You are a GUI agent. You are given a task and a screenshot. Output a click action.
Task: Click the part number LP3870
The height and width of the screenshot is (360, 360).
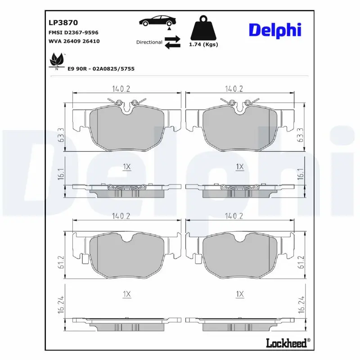pos(63,22)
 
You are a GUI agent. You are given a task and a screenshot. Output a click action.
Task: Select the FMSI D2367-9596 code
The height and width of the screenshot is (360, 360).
pos(73,32)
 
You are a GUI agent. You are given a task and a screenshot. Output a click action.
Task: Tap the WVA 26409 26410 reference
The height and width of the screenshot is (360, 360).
pos(74,41)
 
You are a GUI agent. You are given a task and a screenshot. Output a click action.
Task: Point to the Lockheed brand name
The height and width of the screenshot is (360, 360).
pos(287,343)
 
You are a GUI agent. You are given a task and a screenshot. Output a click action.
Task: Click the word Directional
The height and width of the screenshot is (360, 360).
pos(149,42)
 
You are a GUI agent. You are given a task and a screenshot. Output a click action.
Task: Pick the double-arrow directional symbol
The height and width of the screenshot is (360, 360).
pos(172,42)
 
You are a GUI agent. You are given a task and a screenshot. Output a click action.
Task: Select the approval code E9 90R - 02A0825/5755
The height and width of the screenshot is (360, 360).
pos(101,68)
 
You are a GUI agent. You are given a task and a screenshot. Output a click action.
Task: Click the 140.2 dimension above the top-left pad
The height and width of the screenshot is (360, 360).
pos(120,89)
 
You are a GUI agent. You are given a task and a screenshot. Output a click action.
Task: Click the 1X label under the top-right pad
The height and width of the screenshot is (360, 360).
pos(240,167)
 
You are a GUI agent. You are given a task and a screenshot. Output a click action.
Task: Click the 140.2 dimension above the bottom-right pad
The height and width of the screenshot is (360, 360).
pos(234,216)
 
